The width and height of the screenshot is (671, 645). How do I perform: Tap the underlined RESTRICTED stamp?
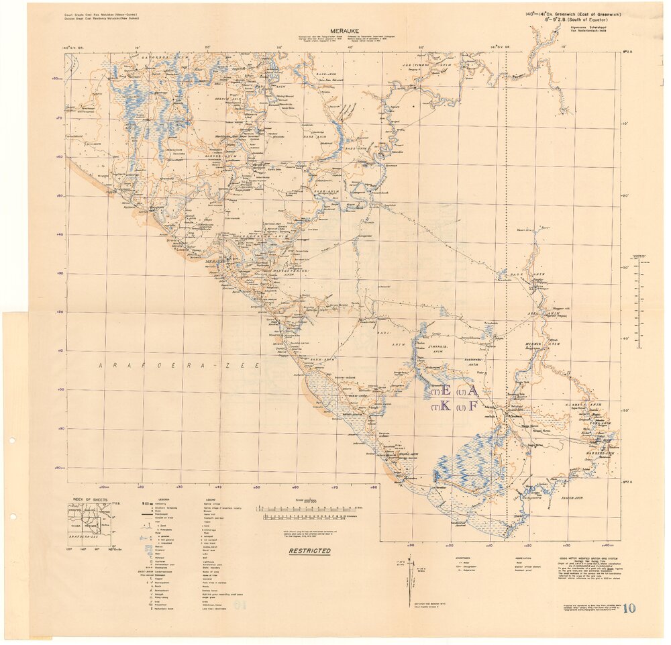click(x=309, y=551)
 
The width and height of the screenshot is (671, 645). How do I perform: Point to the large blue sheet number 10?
click(x=629, y=609)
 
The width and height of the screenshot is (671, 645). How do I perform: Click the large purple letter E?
click(x=446, y=391)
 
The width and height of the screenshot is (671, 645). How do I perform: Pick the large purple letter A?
click(x=472, y=390)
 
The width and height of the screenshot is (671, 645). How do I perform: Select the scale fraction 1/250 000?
click(x=310, y=501)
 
